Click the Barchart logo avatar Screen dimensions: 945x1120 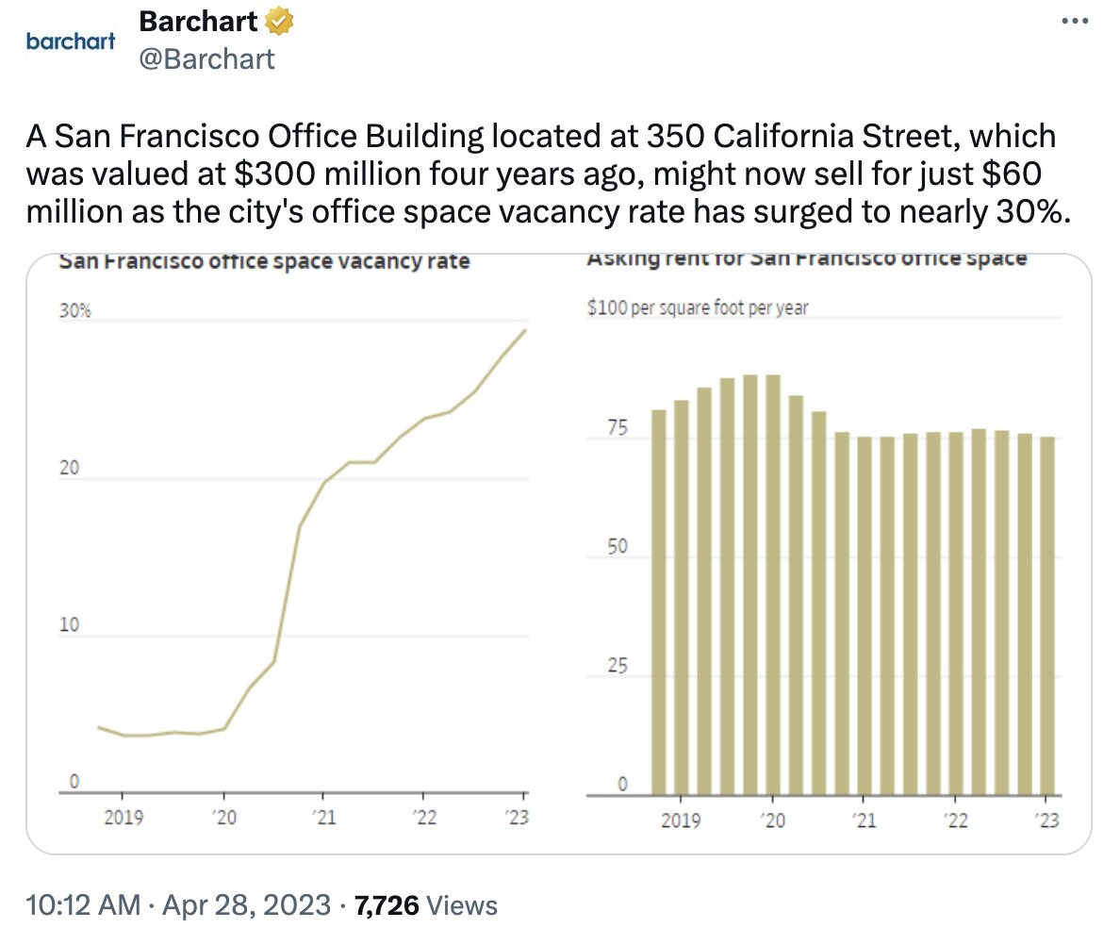coord(71,42)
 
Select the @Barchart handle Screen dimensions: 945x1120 coord(207,58)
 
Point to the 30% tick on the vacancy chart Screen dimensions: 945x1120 coord(74,311)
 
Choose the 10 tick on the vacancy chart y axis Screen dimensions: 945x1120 coord(70,625)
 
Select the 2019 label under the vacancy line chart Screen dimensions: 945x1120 coord(124,818)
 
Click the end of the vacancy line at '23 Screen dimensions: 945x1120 coord(525,330)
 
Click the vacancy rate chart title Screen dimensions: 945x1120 coord(264,261)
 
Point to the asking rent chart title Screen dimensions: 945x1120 coord(806,258)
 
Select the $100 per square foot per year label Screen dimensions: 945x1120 coord(698,307)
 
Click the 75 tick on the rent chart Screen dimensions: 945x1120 coord(618,429)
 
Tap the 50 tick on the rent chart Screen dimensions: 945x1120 coord(618,548)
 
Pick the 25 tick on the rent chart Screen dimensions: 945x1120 coord(618,667)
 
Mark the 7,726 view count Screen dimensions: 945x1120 coord(387,906)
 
